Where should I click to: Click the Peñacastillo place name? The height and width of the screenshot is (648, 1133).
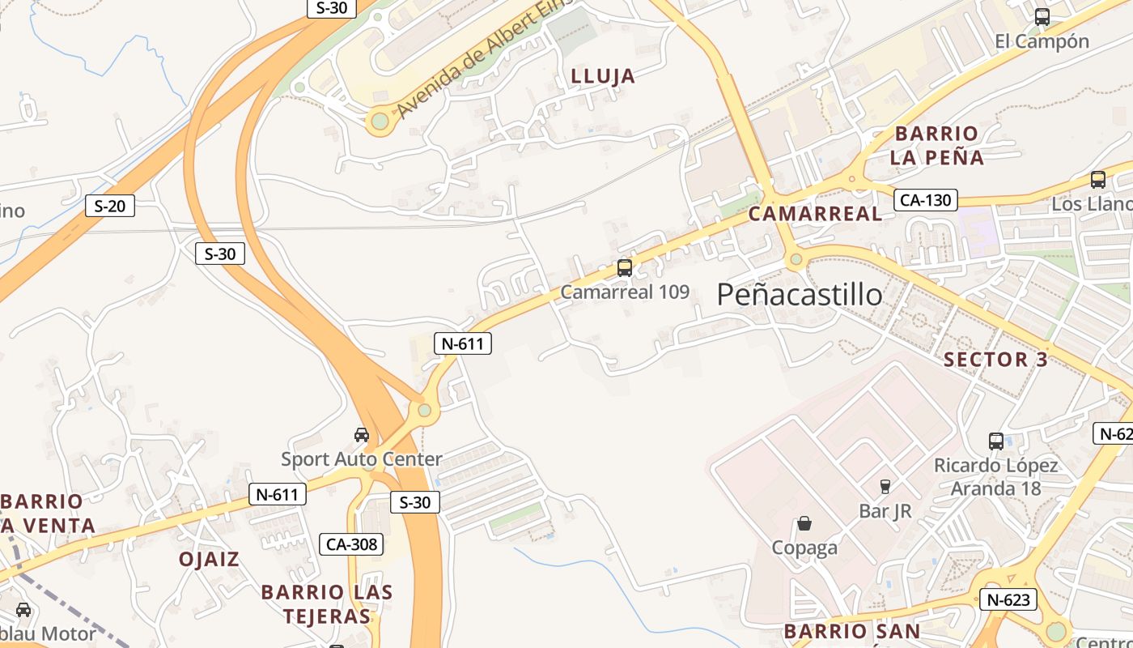click(799, 295)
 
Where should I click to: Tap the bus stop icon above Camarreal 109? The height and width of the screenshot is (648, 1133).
click(624, 268)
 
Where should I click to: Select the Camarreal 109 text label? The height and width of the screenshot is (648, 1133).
click(624, 292)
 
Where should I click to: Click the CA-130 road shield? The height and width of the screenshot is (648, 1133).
click(926, 200)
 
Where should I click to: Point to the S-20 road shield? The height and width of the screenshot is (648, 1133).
click(110, 206)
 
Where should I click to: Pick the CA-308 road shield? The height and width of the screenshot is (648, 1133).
click(351, 544)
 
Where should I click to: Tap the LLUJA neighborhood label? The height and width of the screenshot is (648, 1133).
click(603, 77)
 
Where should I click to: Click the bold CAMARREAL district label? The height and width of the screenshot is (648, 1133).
click(815, 214)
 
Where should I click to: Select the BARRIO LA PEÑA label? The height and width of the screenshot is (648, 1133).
click(936, 146)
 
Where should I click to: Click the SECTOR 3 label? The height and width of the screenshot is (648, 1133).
click(995, 360)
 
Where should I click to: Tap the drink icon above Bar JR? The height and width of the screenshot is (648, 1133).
click(885, 487)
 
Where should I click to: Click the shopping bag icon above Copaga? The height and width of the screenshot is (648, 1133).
click(804, 523)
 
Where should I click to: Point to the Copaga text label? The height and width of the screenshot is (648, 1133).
click(804, 548)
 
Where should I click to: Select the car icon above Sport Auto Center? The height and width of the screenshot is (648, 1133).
click(362, 435)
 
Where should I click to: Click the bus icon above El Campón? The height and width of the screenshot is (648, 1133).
click(1042, 16)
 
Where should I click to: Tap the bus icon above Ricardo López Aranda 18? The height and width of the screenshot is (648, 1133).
click(996, 441)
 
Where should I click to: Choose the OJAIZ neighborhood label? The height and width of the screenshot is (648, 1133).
click(209, 560)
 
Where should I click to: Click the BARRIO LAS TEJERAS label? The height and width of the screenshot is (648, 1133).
click(326, 604)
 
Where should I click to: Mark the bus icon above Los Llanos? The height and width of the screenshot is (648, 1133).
click(1097, 180)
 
